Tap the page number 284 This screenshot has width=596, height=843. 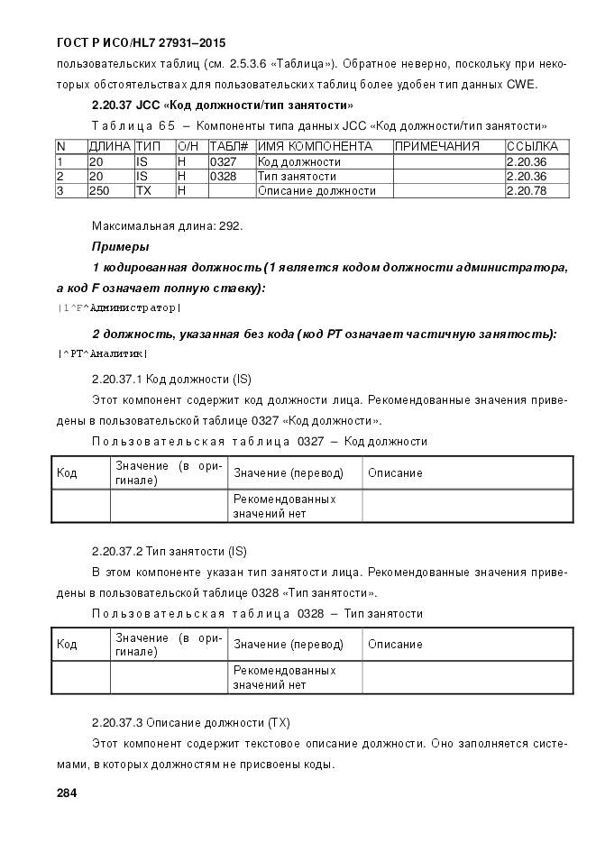click(67, 793)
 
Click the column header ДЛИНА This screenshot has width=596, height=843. click(109, 146)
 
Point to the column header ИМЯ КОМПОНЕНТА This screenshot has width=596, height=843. click(315, 146)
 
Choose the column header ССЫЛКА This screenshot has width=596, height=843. click(532, 146)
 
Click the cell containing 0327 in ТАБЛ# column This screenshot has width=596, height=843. click(223, 161)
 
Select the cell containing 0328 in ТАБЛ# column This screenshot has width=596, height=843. click(223, 176)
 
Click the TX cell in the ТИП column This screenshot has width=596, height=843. click(142, 190)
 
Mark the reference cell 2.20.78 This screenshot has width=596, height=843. click(526, 190)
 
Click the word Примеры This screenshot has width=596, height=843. click(120, 246)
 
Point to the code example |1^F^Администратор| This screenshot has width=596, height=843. click(118, 308)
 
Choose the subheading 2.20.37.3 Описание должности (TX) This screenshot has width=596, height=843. click(190, 722)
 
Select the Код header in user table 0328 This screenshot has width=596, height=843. click(67, 645)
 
